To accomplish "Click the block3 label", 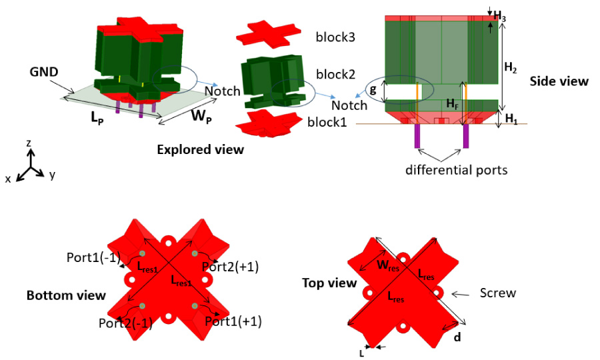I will pyautogui.click(x=335, y=37).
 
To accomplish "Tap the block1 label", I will pyautogui.click(x=328, y=123).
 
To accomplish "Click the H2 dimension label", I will pyautogui.click(x=510, y=67).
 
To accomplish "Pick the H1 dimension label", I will pyautogui.click(x=511, y=119).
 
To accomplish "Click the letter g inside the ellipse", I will pyautogui.click(x=373, y=89).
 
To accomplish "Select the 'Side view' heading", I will pyautogui.click(x=559, y=81).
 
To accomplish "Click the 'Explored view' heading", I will pyautogui.click(x=200, y=150).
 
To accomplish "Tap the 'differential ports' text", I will pyautogui.click(x=457, y=170).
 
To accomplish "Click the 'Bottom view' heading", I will pyautogui.click(x=66, y=295).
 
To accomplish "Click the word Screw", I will pyautogui.click(x=498, y=293).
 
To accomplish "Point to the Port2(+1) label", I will pyautogui.click(x=233, y=266).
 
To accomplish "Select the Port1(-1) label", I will pyautogui.click(x=93, y=257).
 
